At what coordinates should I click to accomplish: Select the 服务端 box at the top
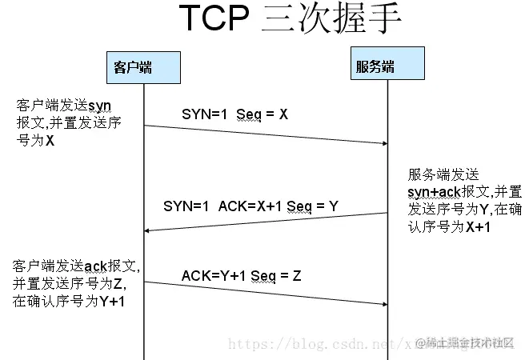[x=375, y=65]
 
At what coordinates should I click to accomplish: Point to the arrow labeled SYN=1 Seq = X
[x=265, y=134]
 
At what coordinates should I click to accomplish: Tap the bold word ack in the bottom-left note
[x=94, y=265]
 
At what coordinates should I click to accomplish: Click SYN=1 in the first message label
[x=201, y=114]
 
